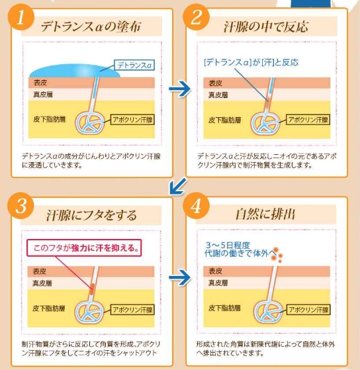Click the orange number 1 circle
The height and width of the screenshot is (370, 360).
(21, 17)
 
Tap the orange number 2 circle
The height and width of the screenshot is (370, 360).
(197, 17)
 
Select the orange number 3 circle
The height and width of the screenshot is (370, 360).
(21, 205)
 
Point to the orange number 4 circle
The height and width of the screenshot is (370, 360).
(197, 205)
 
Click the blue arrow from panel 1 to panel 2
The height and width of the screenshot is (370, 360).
(180, 89)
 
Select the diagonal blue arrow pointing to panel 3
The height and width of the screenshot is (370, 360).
(178, 187)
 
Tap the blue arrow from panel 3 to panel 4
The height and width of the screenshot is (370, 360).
(180, 277)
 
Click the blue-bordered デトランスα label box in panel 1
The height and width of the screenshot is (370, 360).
(134, 65)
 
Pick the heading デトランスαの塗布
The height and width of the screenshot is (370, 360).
(91, 26)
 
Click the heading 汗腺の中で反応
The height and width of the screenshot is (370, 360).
(266, 26)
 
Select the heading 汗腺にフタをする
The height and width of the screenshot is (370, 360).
(91, 215)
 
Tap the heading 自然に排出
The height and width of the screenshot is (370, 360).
(265, 214)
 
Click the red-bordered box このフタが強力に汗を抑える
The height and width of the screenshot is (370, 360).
(84, 248)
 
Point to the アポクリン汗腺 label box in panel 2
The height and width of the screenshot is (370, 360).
(308, 120)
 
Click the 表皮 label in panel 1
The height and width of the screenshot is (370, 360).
(40, 83)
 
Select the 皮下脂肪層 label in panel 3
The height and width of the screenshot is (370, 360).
(48, 308)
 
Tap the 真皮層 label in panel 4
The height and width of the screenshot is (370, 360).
(218, 283)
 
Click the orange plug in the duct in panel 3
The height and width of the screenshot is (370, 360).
(92, 289)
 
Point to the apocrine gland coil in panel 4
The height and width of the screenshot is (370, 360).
(268, 312)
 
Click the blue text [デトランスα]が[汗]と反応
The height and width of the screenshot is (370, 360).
(251, 62)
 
